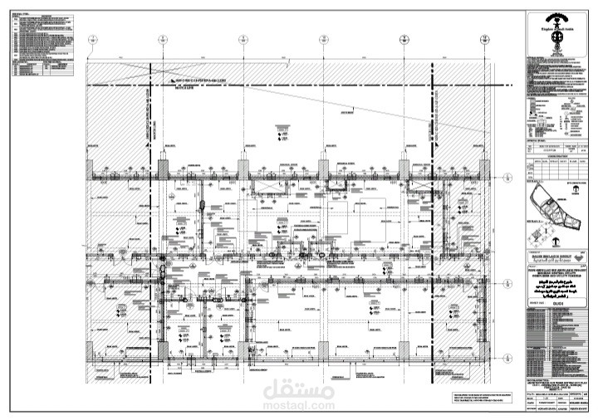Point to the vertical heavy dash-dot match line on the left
pyautogui.click(x=152, y=125)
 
